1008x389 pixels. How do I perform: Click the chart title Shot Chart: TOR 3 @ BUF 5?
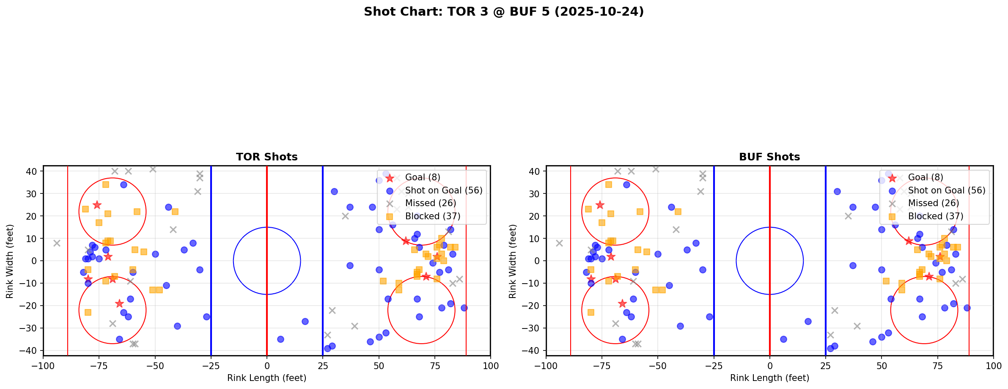click(503, 12)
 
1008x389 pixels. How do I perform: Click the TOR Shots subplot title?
click(266, 157)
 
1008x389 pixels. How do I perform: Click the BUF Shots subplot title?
click(769, 157)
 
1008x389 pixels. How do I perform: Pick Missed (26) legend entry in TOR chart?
click(430, 203)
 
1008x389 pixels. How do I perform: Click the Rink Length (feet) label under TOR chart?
click(266, 378)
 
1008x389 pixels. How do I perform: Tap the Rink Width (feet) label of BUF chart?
click(513, 261)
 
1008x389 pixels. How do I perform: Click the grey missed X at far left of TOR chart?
click(57, 243)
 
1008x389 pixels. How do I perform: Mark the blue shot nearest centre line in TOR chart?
click(280, 339)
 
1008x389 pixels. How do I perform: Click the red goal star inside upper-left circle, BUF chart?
click(600, 205)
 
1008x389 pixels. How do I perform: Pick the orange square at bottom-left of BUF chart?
click(591, 312)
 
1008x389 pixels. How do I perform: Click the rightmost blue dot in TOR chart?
click(464, 308)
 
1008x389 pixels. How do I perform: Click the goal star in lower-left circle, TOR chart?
click(119, 303)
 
